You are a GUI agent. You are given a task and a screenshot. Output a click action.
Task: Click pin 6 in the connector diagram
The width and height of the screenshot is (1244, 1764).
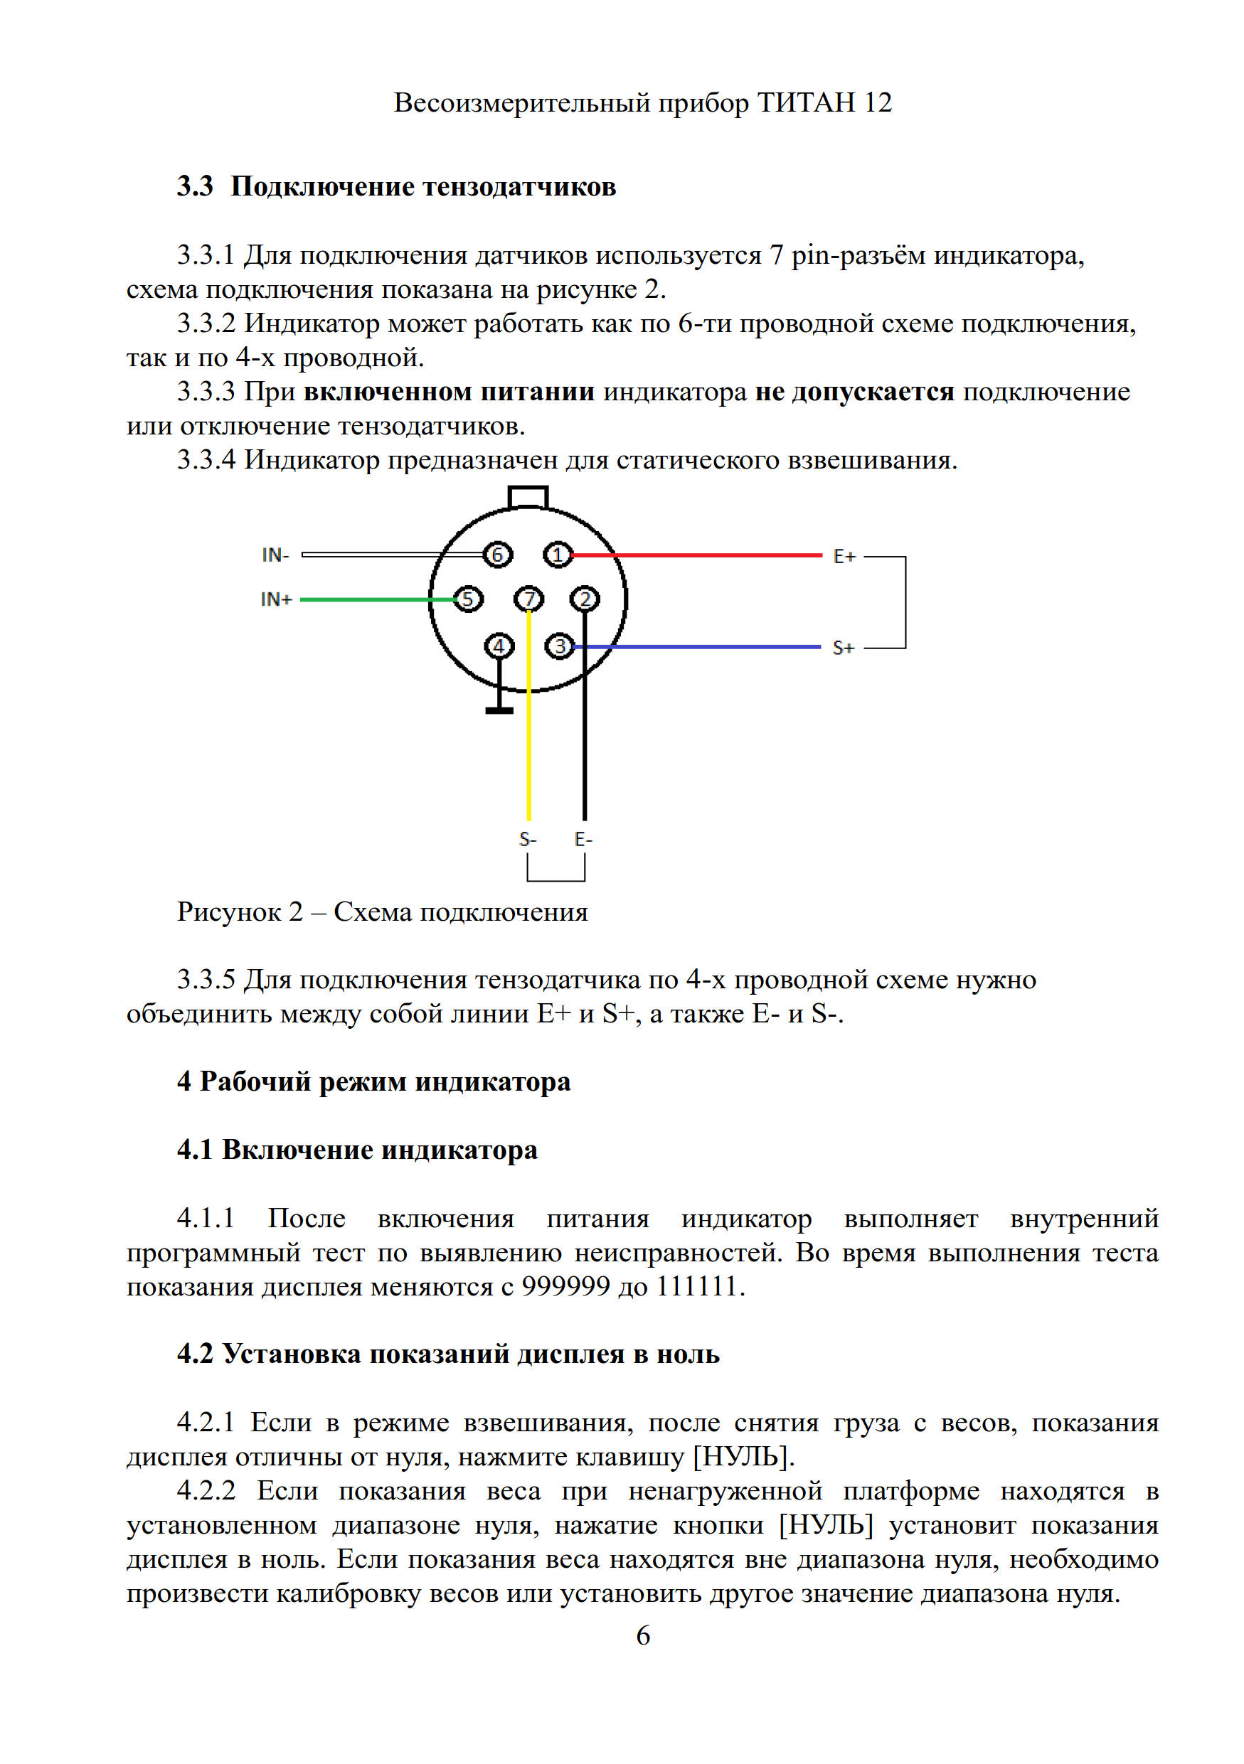pyautogui.click(x=497, y=555)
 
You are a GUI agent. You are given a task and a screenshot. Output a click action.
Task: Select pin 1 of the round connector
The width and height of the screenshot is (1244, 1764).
pyautogui.click(x=558, y=555)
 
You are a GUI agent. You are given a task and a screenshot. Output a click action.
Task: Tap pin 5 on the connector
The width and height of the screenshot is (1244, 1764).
pyautogui.click(x=468, y=599)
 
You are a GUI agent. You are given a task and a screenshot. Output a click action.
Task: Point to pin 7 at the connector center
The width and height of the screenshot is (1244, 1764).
pyautogui.click(x=528, y=599)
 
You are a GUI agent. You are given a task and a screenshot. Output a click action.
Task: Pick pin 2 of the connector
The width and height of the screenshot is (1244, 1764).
pyautogui.click(x=585, y=599)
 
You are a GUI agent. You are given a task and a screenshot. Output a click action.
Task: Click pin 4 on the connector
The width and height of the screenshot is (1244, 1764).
pyautogui.click(x=499, y=646)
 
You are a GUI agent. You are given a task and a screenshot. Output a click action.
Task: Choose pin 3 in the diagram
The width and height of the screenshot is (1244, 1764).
pyautogui.click(x=559, y=647)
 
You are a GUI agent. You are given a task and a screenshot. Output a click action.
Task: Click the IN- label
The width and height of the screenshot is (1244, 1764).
pyautogui.click(x=275, y=555)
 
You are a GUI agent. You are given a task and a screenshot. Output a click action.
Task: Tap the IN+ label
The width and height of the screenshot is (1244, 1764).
pyautogui.click(x=276, y=599)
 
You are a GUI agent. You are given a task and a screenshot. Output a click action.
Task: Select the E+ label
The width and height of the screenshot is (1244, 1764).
pyautogui.click(x=844, y=556)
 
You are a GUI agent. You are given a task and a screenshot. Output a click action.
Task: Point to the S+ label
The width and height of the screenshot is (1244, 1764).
pyautogui.click(x=843, y=648)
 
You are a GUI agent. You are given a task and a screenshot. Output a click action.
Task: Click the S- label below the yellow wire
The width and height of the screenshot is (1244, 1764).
pyautogui.click(x=527, y=839)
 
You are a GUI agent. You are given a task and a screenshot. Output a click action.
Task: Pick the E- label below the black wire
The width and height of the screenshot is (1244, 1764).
pyautogui.click(x=583, y=839)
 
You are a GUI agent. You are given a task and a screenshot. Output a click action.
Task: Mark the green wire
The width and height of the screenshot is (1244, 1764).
pyautogui.click(x=369, y=599)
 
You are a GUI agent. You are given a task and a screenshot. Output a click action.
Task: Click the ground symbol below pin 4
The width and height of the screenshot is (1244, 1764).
pyautogui.click(x=499, y=709)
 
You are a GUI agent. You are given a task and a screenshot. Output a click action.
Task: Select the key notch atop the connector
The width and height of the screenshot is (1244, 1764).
pyautogui.click(x=528, y=497)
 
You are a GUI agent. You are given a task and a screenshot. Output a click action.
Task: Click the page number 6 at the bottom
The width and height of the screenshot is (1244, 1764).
pyautogui.click(x=643, y=1635)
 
